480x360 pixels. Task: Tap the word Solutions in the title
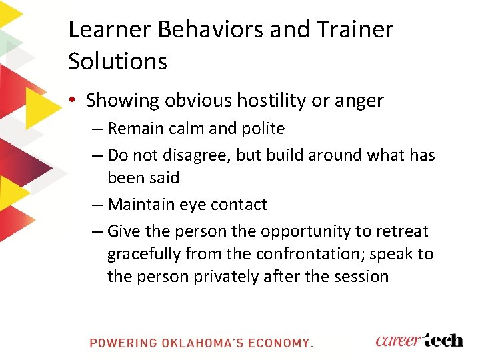[x=117, y=61]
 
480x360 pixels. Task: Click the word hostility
[x=270, y=101]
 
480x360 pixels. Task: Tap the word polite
[x=261, y=128]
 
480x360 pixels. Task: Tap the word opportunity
[x=311, y=232]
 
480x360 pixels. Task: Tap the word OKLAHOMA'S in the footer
[x=201, y=343]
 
